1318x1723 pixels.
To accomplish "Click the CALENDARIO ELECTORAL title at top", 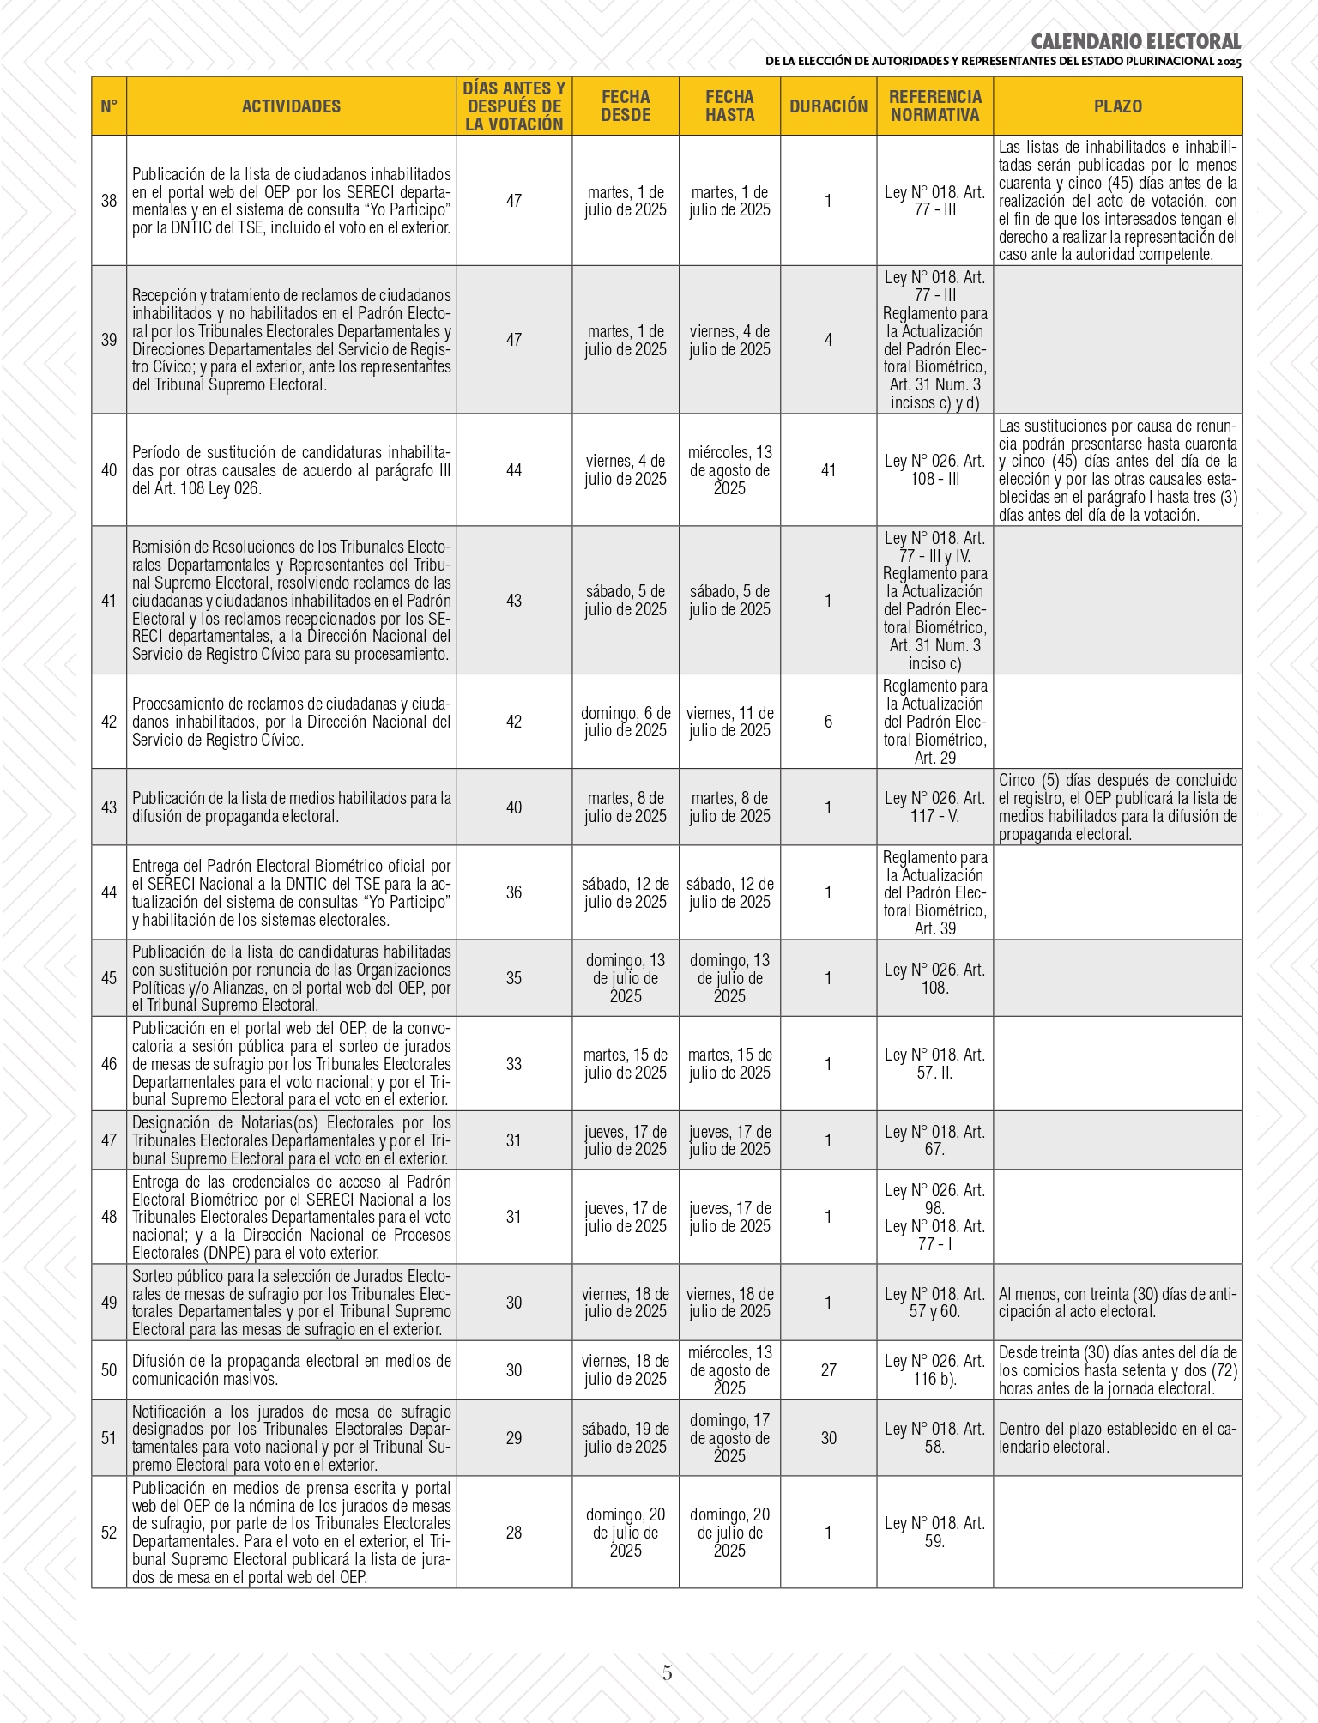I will pyautogui.click(x=1135, y=41).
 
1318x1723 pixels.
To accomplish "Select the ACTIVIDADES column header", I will pyautogui.click(x=291, y=106).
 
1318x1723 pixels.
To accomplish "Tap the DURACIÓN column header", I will pyautogui.click(x=828, y=106).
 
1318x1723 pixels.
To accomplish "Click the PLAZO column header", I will pyautogui.click(x=1117, y=106).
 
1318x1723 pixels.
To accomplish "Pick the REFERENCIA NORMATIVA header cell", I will pyautogui.click(x=934, y=106).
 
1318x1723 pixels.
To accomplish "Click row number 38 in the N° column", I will pyautogui.click(x=109, y=201).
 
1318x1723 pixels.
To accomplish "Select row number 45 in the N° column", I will pyautogui.click(x=109, y=978).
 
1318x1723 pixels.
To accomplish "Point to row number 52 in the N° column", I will pyautogui.click(x=109, y=1533).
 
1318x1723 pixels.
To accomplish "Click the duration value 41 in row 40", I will pyautogui.click(x=828, y=470).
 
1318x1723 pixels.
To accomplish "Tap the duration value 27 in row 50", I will pyautogui.click(x=828, y=1370).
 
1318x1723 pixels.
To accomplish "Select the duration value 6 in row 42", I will pyautogui.click(x=828, y=722).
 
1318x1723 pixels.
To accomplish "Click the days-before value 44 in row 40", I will pyautogui.click(x=513, y=470).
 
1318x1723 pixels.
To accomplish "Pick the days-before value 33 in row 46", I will pyautogui.click(x=513, y=1064).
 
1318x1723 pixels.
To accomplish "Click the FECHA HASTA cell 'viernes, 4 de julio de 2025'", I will pyautogui.click(x=729, y=341).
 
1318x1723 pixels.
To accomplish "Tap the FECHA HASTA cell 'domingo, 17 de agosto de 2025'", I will pyautogui.click(x=729, y=1438).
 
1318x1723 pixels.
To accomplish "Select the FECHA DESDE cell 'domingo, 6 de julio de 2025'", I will pyautogui.click(x=626, y=722).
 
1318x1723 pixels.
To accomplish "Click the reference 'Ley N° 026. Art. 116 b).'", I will pyautogui.click(x=934, y=1370).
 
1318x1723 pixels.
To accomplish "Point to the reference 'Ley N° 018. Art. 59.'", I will pyautogui.click(x=934, y=1533).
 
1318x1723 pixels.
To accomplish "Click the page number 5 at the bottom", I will pyautogui.click(x=667, y=1672).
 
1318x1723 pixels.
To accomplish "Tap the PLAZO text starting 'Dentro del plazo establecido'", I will pyautogui.click(x=1117, y=1438).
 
